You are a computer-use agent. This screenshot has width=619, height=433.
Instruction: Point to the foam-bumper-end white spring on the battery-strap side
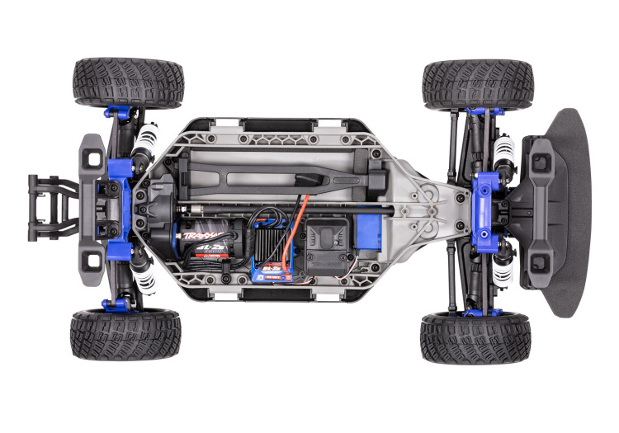(503, 151)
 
